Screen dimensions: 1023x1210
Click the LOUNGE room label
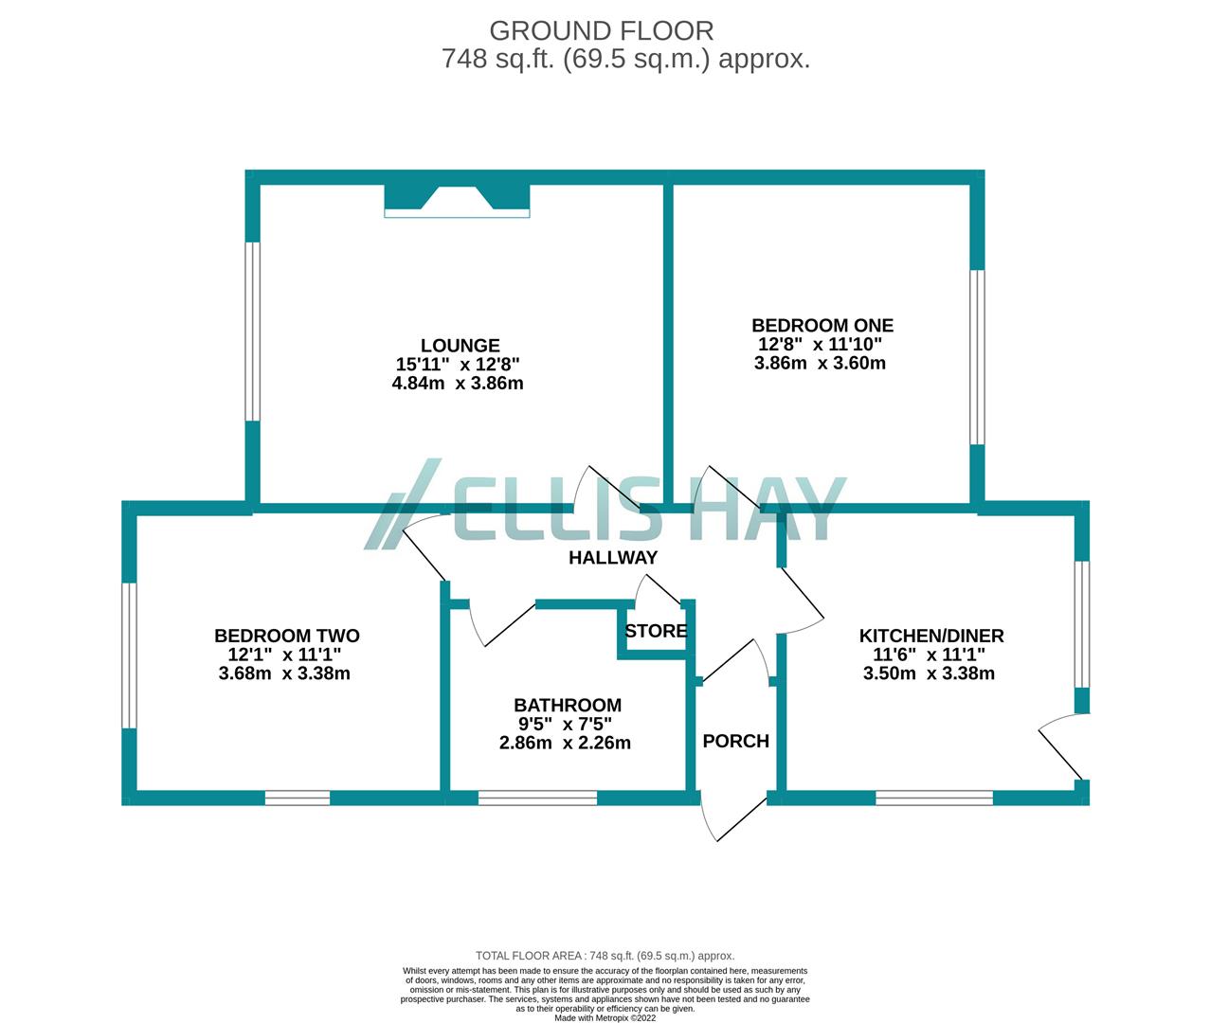pos(460,346)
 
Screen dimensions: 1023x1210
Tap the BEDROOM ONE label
pos(822,325)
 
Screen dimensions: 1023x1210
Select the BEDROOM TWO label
pos(286,636)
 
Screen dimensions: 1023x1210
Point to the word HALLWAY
pos(612,558)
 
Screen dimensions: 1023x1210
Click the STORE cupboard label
pos(656,631)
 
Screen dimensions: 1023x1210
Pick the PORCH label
pos(735,741)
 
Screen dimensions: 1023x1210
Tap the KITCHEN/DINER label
pos(930,636)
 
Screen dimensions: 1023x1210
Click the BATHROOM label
pos(568,705)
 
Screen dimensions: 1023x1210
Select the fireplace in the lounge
pos(457,201)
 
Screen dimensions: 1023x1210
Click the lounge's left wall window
pos(252,331)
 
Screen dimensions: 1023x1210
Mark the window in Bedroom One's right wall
pos(977,357)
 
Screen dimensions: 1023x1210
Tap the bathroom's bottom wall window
pos(537,799)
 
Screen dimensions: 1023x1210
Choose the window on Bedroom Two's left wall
pos(130,655)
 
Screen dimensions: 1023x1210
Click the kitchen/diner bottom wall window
pos(933,799)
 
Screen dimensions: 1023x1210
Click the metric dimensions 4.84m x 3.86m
pos(460,384)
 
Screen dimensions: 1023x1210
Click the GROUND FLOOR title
pos(601,30)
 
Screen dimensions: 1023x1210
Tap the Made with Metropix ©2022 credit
pos(605,1018)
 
